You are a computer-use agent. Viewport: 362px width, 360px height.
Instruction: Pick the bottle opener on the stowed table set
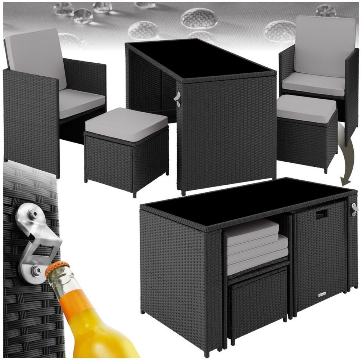point(355,209)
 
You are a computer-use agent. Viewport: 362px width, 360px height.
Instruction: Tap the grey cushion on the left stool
point(126,124)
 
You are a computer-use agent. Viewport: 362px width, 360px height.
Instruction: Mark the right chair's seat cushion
point(313,84)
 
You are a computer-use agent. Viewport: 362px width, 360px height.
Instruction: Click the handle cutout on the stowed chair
point(321,214)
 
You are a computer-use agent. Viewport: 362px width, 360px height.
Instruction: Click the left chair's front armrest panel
point(31,122)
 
